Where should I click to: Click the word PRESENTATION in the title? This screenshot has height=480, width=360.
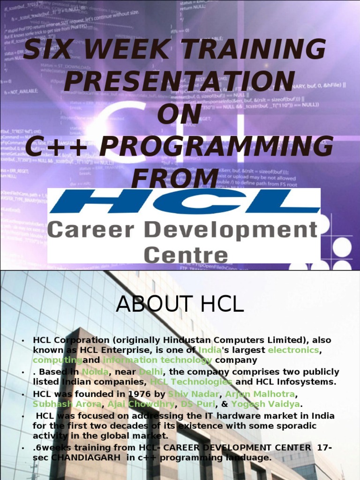coord(180,82)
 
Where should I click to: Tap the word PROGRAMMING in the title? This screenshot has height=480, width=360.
coord(217,147)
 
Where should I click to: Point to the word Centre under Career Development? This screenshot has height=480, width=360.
coord(186,255)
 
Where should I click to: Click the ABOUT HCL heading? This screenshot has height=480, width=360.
coord(180,305)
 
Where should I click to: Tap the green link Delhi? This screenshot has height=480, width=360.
coord(150,372)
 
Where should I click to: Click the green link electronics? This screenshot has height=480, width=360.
coord(293,350)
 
